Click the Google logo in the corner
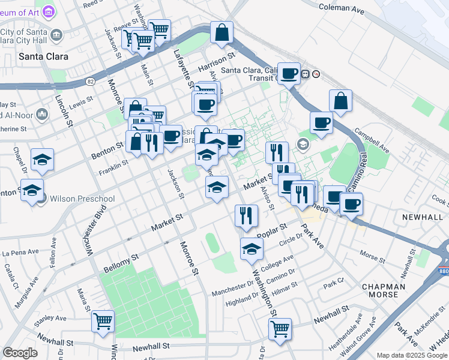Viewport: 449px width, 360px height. tap(20, 352)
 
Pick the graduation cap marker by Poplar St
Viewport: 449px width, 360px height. tap(252, 248)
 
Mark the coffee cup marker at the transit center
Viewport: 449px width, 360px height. tap(289, 73)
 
